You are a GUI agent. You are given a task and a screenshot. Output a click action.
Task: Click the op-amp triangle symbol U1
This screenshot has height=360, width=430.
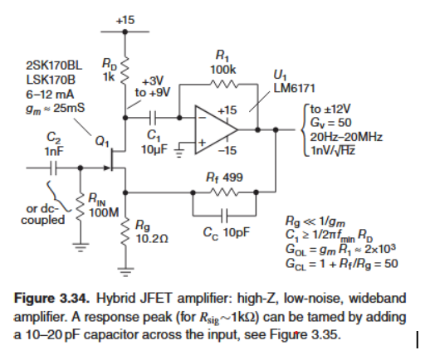point(214,129)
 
